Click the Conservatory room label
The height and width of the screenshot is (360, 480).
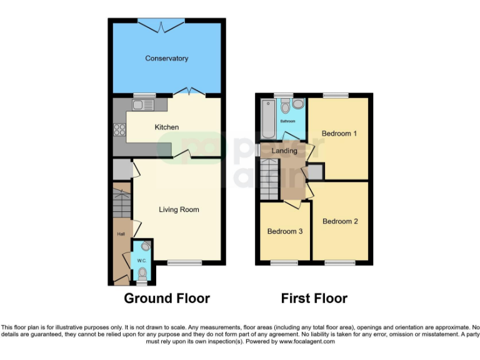(166, 59)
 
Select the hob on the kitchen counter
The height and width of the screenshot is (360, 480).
(119, 130)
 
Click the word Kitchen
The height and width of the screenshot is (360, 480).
(167, 127)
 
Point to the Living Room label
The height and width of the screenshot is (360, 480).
(179, 210)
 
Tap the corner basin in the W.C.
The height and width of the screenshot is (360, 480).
(146, 246)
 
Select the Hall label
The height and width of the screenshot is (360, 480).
(121, 234)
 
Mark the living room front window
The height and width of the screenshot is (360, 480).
(184, 263)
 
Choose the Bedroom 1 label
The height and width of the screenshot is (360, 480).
(339, 134)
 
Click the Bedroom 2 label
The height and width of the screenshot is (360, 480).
(340, 221)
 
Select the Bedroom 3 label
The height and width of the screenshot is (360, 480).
(285, 231)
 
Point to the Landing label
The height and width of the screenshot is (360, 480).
(284, 151)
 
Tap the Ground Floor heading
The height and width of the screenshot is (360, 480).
(167, 298)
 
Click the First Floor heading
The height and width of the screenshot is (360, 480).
(314, 298)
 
